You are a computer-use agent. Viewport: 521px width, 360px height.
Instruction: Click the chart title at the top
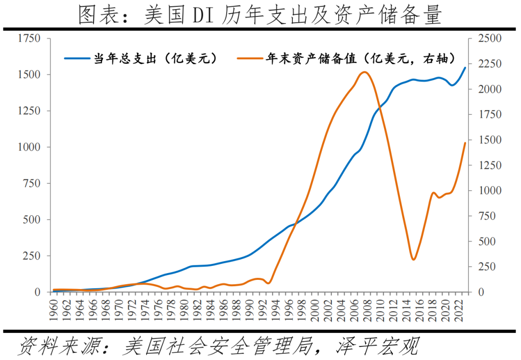260,15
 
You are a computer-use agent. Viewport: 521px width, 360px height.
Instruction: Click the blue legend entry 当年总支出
140,59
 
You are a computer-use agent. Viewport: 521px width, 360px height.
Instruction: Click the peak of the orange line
364,72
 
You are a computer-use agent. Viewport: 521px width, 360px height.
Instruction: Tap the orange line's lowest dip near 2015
413,260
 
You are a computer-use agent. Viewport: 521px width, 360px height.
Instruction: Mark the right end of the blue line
465,68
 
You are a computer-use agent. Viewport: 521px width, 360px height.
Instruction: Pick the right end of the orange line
465,143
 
